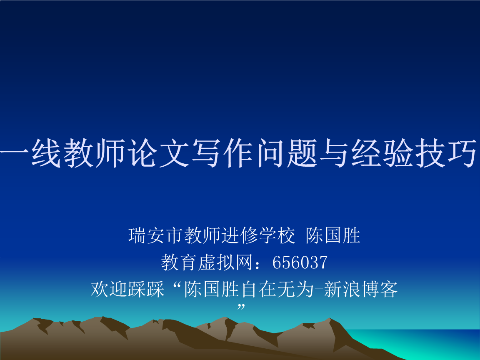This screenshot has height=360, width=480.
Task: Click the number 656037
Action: tap(300, 262)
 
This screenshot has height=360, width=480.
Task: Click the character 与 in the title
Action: tap(335, 153)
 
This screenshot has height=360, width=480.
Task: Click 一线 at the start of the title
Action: tap(30, 153)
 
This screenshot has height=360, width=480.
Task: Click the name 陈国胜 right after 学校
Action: tap(333, 235)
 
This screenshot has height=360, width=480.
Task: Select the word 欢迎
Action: tap(109, 289)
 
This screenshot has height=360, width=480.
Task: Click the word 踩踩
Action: tap(146, 289)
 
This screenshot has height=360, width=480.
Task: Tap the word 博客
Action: tap(380, 289)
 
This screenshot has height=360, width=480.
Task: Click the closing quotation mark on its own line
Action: tap(241, 307)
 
